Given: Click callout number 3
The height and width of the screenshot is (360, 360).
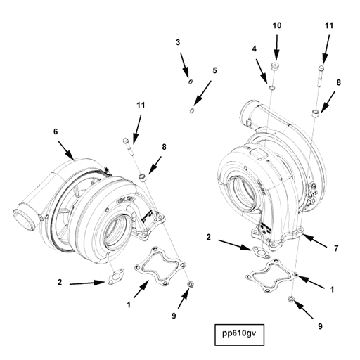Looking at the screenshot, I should pos(178,44).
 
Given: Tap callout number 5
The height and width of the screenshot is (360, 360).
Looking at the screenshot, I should pos(214,70).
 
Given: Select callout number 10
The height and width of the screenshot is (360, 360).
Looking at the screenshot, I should pos(276,25).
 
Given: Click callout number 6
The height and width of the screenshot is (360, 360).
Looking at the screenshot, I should pos(54,131).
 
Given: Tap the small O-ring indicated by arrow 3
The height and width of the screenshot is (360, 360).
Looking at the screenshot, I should pos(190,82).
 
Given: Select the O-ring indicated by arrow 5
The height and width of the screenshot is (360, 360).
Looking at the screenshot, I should pos(193,110).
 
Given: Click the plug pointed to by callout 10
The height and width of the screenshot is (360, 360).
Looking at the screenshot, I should pos(276,67).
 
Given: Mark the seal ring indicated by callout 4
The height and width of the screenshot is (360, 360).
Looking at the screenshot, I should pos(271,89).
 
